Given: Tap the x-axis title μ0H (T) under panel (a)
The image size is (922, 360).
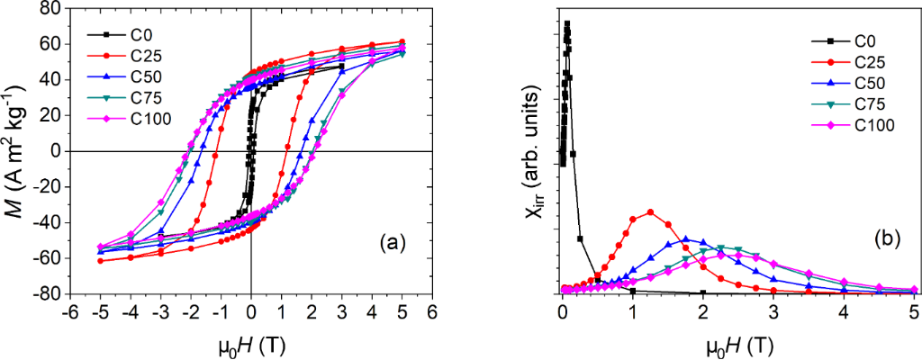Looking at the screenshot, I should (251, 342).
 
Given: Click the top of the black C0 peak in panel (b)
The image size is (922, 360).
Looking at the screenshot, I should (567, 24).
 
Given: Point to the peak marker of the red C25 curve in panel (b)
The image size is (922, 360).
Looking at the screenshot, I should (650, 212).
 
